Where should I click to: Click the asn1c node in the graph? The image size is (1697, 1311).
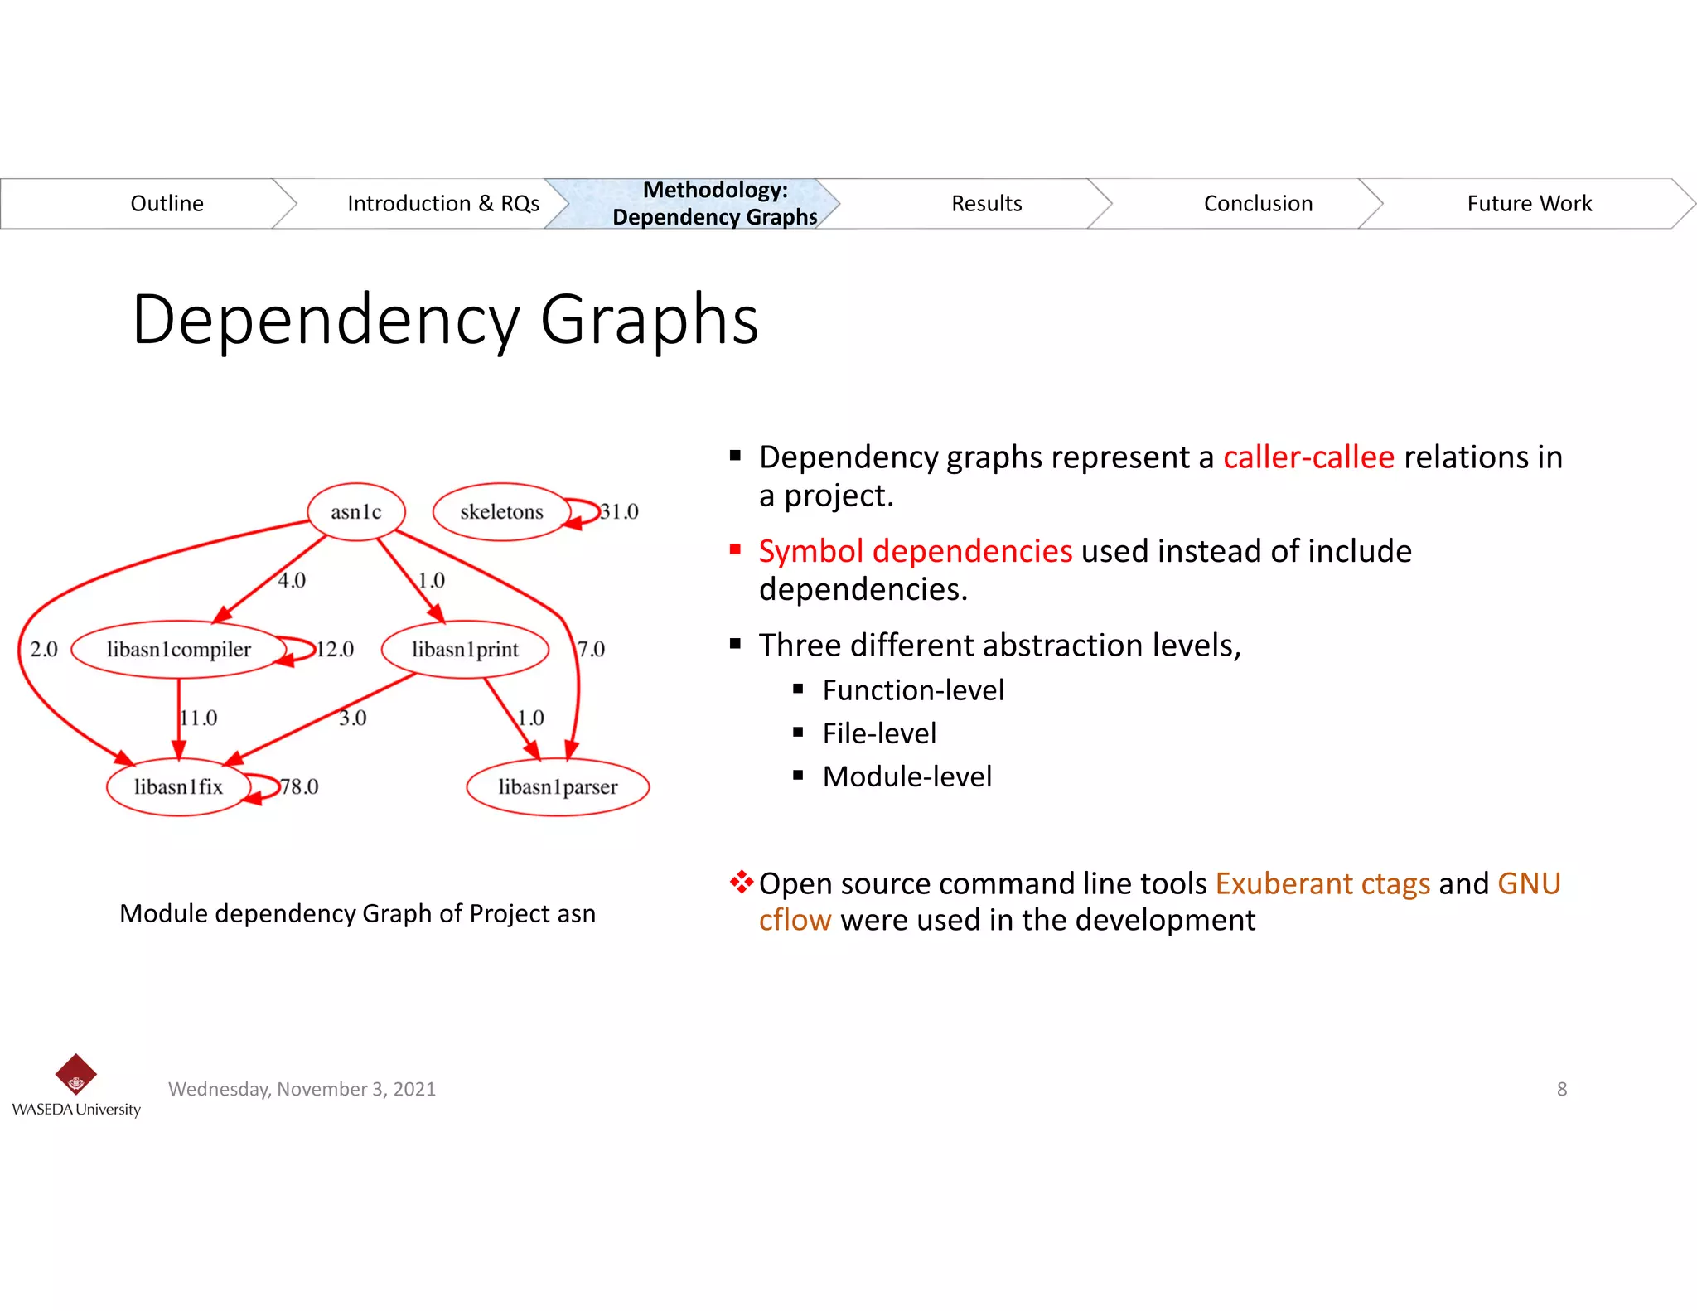[x=356, y=512]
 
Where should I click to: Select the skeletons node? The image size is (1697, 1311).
[x=501, y=512]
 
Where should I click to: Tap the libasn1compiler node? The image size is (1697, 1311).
[x=178, y=650]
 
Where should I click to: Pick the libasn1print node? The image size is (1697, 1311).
[x=465, y=650]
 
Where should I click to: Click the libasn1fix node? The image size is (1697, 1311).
[x=178, y=787]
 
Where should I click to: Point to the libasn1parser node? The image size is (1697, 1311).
[x=558, y=787]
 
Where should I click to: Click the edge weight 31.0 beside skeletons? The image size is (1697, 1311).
[x=620, y=512]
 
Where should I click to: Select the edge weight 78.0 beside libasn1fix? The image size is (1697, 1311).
[x=300, y=787]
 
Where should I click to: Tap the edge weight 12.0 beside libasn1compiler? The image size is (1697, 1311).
[x=336, y=650]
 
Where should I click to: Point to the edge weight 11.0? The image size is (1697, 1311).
[x=200, y=718]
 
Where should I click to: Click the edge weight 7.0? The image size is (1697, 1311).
[x=592, y=650]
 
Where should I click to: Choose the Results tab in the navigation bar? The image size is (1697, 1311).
[x=986, y=204]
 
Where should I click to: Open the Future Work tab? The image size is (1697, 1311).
[x=1529, y=204]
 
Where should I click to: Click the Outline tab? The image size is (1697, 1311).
[x=167, y=204]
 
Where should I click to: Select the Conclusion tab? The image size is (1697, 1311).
[x=1258, y=204]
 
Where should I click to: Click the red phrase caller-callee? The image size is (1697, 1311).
[x=1308, y=457]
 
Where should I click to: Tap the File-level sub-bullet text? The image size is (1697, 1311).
[x=879, y=733]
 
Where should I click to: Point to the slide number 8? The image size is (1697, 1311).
[x=1562, y=1090]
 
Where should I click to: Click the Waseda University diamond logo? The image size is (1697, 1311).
[x=76, y=1075]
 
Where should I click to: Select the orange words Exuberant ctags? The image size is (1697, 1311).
[x=1322, y=884]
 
